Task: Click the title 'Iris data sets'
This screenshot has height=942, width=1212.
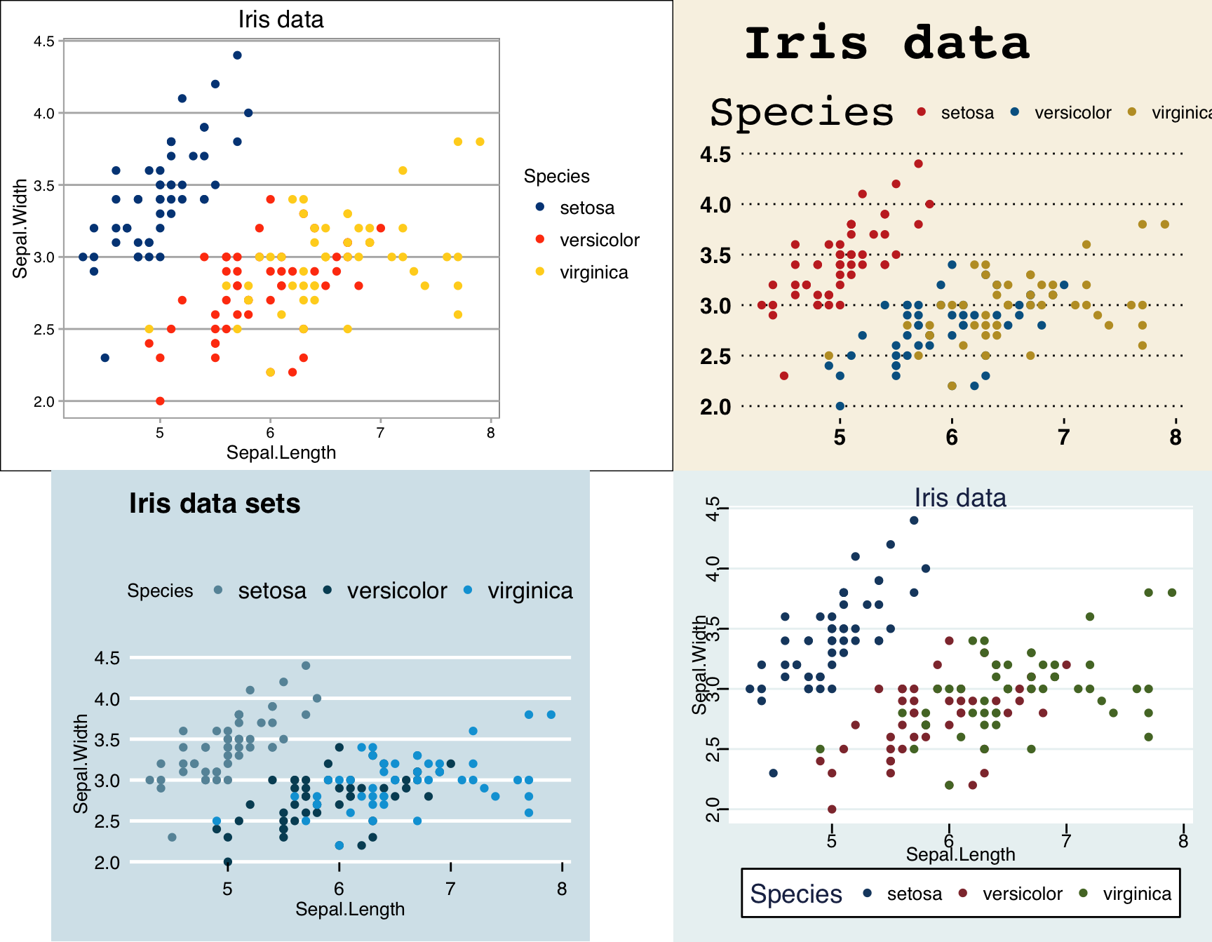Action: [x=215, y=504]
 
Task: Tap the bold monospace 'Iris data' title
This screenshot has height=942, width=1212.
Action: [x=887, y=43]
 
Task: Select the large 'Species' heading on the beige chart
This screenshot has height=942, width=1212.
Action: [x=802, y=112]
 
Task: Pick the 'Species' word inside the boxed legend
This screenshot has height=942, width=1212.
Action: [x=796, y=894]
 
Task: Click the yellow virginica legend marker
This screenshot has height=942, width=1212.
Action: [x=540, y=271]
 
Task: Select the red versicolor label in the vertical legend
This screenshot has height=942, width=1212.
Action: [x=599, y=240]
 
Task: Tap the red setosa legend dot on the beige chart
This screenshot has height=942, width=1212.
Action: [x=922, y=112]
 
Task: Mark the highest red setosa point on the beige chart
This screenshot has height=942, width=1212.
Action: [x=919, y=164]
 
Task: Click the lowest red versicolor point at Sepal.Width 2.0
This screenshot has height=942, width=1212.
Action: [x=160, y=401]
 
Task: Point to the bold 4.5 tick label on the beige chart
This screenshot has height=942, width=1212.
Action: [x=715, y=154]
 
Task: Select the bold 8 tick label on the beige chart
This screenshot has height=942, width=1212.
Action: [x=1176, y=438]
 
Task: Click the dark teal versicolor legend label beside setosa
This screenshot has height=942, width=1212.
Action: [x=396, y=591]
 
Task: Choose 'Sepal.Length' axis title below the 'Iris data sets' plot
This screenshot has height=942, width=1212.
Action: [x=350, y=909]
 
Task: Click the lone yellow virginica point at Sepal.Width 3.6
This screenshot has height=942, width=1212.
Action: [x=403, y=170]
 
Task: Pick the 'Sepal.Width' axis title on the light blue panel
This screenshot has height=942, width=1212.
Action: [x=81, y=763]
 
